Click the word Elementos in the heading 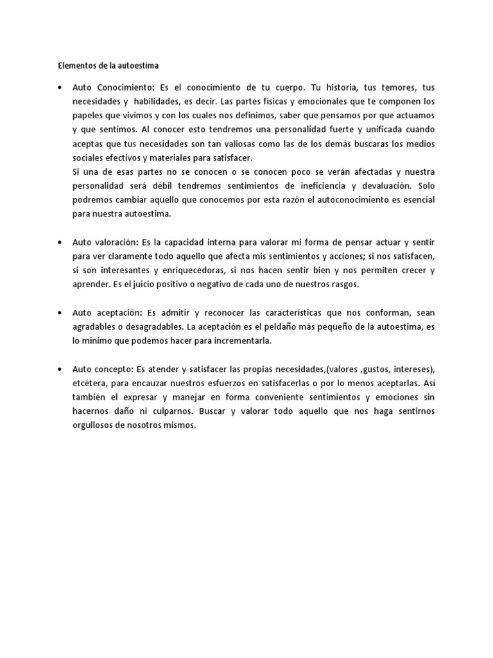[73, 65]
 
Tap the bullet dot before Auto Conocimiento [60, 87]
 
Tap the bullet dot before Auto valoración [60, 242]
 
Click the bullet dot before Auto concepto [60, 369]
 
